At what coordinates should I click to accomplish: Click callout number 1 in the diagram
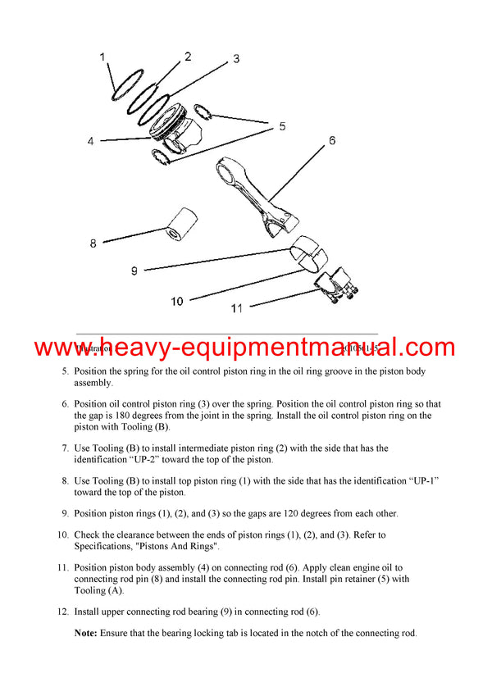(102, 57)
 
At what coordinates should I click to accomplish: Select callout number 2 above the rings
(188, 57)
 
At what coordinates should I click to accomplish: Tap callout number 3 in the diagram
(236, 59)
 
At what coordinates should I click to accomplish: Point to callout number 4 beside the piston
(91, 141)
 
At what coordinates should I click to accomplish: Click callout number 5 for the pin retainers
(282, 126)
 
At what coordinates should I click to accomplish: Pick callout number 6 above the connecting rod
(332, 140)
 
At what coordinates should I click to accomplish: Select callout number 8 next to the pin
(93, 243)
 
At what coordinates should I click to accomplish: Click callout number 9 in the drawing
(134, 270)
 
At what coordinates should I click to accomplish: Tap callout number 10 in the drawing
(177, 302)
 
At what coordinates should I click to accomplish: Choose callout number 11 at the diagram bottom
(237, 309)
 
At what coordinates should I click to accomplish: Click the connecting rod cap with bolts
(337, 287)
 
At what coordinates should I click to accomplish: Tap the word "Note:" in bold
(86, 632)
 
